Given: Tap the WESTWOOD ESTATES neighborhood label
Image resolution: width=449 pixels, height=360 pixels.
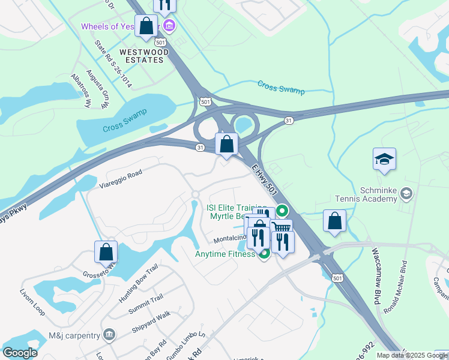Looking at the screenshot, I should click(x=142, y=56).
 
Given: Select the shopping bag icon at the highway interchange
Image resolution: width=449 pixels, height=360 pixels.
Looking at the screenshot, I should click(x=226, y=144).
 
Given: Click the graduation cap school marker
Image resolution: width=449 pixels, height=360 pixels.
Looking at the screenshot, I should click(x=384, y=160).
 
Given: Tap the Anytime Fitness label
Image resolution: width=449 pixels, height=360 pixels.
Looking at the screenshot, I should click(x=224, y=254).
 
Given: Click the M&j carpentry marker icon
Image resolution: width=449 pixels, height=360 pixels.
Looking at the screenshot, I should click(x=109, y=334).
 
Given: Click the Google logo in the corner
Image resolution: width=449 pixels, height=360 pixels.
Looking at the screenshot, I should click(x=20, y=353).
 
